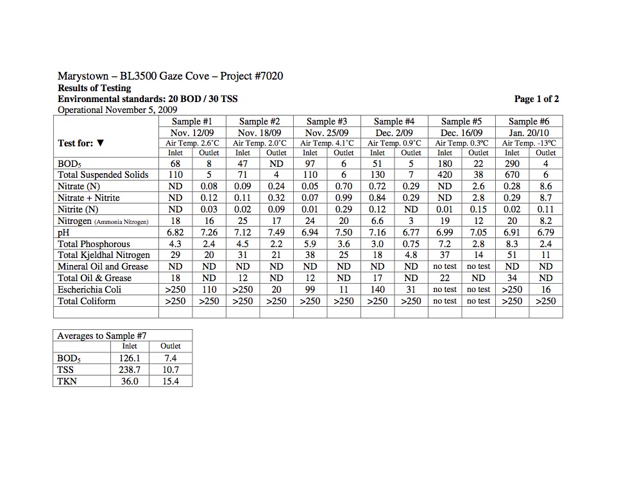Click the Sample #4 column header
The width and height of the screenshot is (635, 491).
[394, 121]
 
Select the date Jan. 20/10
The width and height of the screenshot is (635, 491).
[529, 132]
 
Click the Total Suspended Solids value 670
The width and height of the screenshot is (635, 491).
[512, 175]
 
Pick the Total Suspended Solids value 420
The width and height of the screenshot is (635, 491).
[444, 175]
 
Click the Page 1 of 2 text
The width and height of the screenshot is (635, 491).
[536, 99]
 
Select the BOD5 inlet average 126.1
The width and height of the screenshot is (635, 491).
[130, 358]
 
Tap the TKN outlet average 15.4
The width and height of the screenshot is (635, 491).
[171, 381]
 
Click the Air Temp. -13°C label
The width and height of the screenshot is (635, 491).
[529, 143]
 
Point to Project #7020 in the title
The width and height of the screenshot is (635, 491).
[251, 76]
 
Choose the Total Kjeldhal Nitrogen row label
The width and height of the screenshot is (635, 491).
[103, 255]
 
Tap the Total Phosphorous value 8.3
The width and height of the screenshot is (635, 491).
[512, 244]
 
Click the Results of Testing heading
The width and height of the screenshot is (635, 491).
[94, 88]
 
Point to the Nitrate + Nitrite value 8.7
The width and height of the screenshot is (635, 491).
[546, 198]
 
